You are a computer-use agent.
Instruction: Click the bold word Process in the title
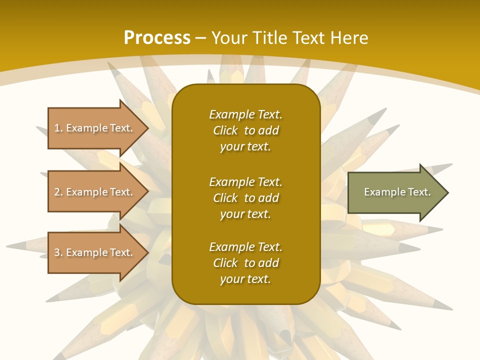[157, 38]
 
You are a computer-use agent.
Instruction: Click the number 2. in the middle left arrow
[58, 192]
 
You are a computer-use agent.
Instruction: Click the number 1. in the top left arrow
[58, 128]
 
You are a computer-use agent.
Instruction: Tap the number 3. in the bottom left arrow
[58, 252]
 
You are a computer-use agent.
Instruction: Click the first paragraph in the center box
[245, 130]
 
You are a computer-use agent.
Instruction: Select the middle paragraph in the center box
[245, 198]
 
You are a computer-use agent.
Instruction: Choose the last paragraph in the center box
[245, 263]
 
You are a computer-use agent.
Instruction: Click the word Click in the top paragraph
[225, 130]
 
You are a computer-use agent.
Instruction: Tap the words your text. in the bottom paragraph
[245, 279]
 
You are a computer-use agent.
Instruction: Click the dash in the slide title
[201, 38]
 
